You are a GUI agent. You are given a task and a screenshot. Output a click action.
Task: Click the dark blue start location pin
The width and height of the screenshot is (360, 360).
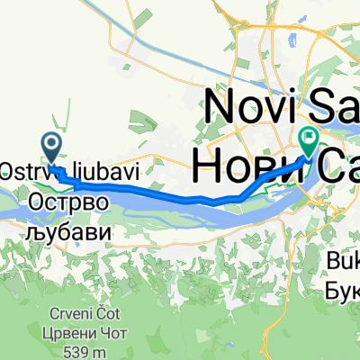pyautogui.click(x=51, y=145)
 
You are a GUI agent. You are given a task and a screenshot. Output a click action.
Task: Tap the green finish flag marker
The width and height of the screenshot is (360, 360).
pyautogui.click(x=309, y=139)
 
